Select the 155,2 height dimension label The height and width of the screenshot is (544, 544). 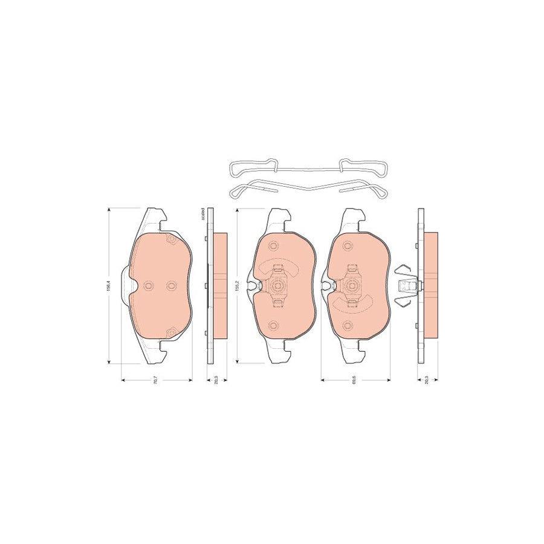pyautogui.click(x=238, y=285)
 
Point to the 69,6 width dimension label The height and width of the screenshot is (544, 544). pyautogui.click(x=353, y=381)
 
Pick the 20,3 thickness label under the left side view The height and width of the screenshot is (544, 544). pyautogui.click(x=216, y=381)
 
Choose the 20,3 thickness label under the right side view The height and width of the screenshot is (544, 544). pyautogui.click(x=427, y=381)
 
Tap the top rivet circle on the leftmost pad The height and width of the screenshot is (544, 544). pyautogui.click(x=170, y=239)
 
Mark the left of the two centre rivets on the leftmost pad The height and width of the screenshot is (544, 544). pyautogui.click(x=149, y=286)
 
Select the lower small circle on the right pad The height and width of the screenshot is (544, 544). pyautogui.click(x=347, y=326)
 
